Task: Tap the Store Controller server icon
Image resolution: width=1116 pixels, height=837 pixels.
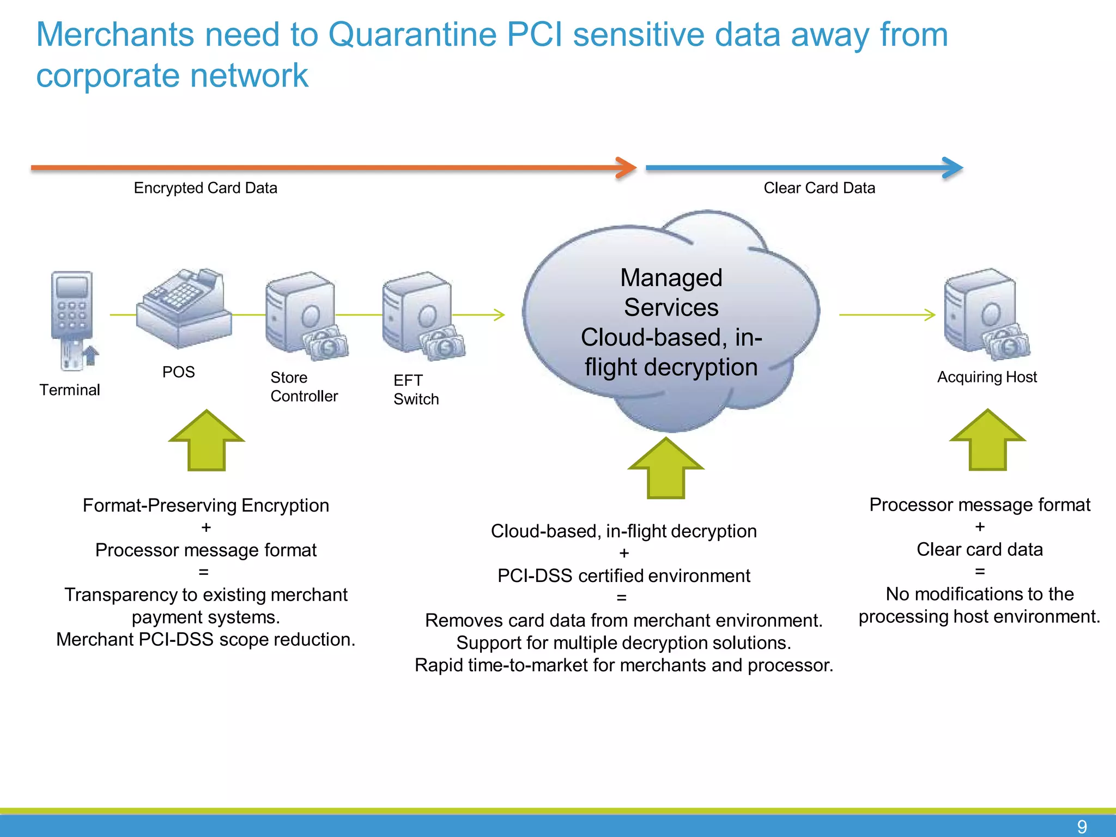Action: click(x=302, y=316)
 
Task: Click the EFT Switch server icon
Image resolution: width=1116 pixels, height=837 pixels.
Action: click(x=420, y=316)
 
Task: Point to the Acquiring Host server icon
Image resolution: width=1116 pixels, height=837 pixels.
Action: click(x=984, y=314)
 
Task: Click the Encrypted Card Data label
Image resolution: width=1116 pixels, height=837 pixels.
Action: click(x=205, y=188)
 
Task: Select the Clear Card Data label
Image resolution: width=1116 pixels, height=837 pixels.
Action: click(x=819, y=188)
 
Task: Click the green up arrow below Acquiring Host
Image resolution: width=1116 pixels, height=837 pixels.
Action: click(x=987, y=440)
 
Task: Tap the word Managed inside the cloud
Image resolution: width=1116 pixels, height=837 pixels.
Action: click(x=671, y=278)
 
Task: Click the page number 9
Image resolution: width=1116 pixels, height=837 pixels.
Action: click(x=1082, y=827)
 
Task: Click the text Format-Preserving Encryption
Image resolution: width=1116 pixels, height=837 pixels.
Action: click(x=205, y=505)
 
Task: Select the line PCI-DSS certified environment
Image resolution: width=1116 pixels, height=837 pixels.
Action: click(x=623, y=575)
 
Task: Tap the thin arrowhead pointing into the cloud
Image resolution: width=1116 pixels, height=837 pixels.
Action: click(x=500, y=314)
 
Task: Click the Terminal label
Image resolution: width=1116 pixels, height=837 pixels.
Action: click(x=70, y=390)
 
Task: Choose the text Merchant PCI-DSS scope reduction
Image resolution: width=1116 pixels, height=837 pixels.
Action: click(x=205, y=639)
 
